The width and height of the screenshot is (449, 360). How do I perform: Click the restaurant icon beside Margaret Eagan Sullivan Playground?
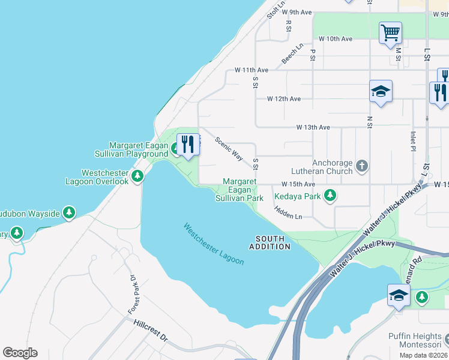(187, 145)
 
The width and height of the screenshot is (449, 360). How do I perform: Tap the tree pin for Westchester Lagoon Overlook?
(137, 176)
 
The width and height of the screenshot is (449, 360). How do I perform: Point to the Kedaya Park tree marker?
(330, 195)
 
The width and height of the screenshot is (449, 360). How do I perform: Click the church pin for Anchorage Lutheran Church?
(361, 165)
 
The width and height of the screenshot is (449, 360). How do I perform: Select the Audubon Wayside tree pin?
(69, 212)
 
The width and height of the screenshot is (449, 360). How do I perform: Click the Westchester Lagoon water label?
(214, 244)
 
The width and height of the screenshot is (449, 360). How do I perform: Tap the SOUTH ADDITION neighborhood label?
(270, 242)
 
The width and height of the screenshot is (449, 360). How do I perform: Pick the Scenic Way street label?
(229, 149)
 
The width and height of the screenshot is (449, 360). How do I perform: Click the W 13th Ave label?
(313, 127)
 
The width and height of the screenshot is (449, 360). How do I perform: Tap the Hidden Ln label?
(289, 212)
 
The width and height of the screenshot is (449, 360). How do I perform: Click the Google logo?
(20, 353)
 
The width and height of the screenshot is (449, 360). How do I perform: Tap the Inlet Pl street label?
(413, 142)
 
